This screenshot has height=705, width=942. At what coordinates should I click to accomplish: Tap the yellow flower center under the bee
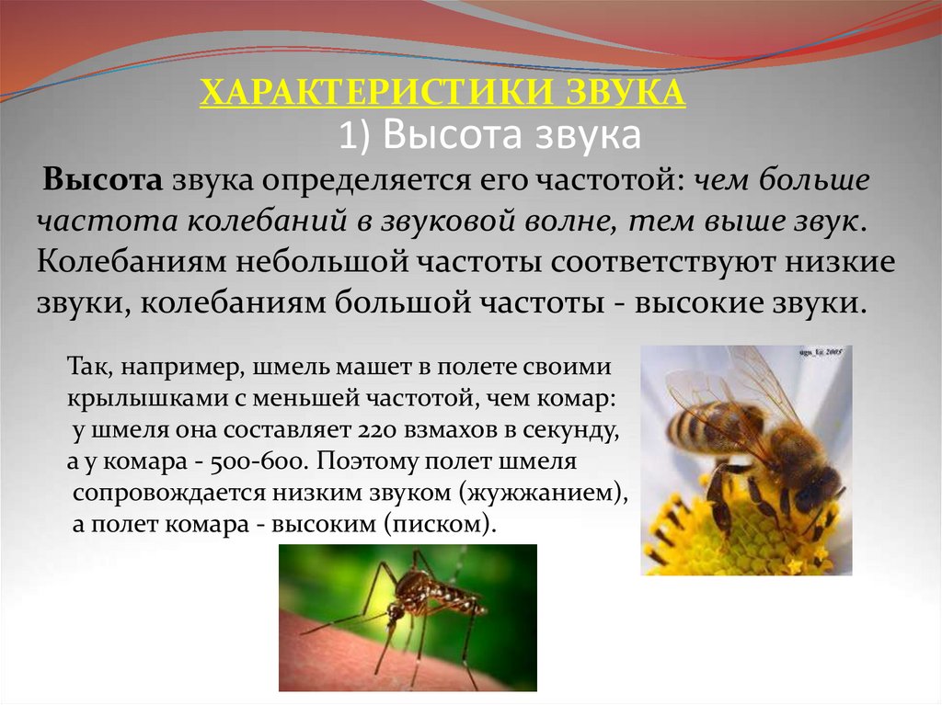coord(736,542)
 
